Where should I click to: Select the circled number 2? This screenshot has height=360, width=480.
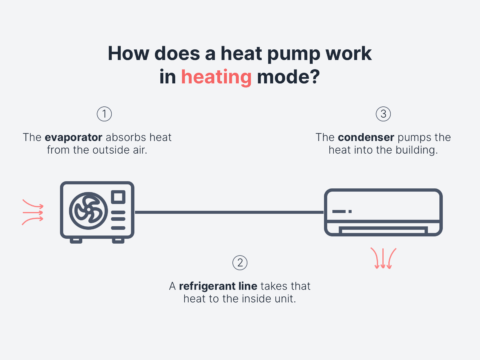coord(239,263)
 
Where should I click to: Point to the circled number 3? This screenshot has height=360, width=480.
coord(383,113)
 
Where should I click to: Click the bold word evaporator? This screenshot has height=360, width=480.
coord(81,136)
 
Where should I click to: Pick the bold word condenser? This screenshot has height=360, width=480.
coord(362,136)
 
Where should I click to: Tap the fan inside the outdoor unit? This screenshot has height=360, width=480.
coord(85,210)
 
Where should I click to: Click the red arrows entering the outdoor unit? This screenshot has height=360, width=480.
coord(33,210)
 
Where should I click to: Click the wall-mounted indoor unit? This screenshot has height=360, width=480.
coord(383,212)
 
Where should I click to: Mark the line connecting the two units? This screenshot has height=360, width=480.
coord(229,211)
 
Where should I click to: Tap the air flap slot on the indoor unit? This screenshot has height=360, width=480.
coord(383,230)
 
